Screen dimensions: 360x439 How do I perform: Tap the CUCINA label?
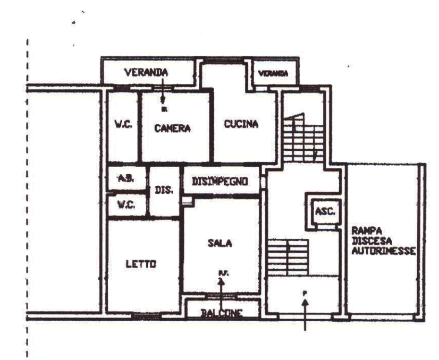(x=241, y=124)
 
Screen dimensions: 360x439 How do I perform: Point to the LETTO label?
(x=140, y=264)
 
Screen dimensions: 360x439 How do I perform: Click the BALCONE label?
(x=222, y=312)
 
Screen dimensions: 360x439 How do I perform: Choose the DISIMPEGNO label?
(x=220, y=182)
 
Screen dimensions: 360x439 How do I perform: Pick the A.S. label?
(x=125, y=179)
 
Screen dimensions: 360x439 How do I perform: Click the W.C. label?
(x=125, y=204)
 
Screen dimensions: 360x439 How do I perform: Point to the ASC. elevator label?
(x=324, y=211)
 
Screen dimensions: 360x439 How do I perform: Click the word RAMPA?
(x=365, y=230)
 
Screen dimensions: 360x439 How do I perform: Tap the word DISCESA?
(x=369, y=241)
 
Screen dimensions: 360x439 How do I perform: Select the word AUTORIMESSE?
(x=383, y=250)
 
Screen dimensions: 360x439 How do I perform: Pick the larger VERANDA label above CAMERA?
(x=144, y=72)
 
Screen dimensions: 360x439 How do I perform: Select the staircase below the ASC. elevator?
(x=288, y=258)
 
